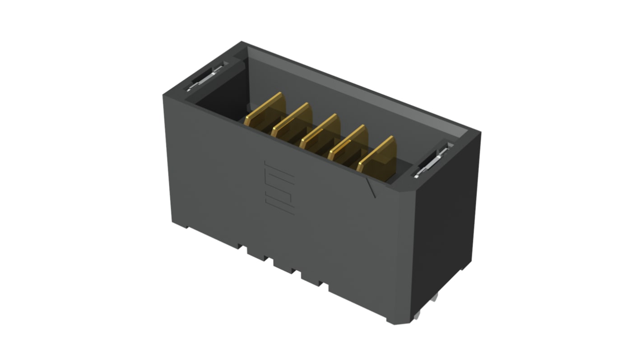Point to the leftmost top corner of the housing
(x=163, y=95)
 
